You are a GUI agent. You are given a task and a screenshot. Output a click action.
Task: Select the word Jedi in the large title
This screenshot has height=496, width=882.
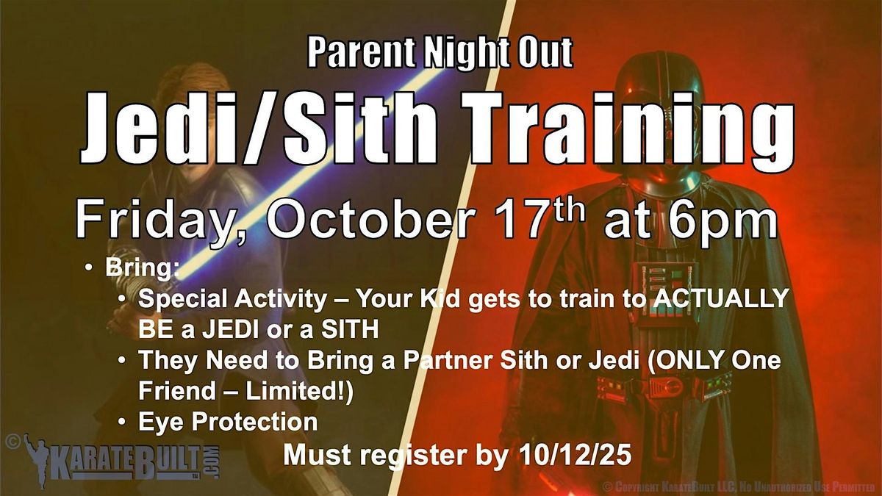[x=160, y=127]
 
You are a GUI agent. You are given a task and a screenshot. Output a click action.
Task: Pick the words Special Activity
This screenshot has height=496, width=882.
[x=232, y=299]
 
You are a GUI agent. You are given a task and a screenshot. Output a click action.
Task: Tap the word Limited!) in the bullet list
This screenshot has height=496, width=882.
[x=299, y=390]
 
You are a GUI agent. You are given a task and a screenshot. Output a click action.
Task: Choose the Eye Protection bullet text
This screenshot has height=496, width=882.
[x=228, y=422]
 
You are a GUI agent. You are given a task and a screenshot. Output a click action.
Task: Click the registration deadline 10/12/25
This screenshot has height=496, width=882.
[x=576, y=456]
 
